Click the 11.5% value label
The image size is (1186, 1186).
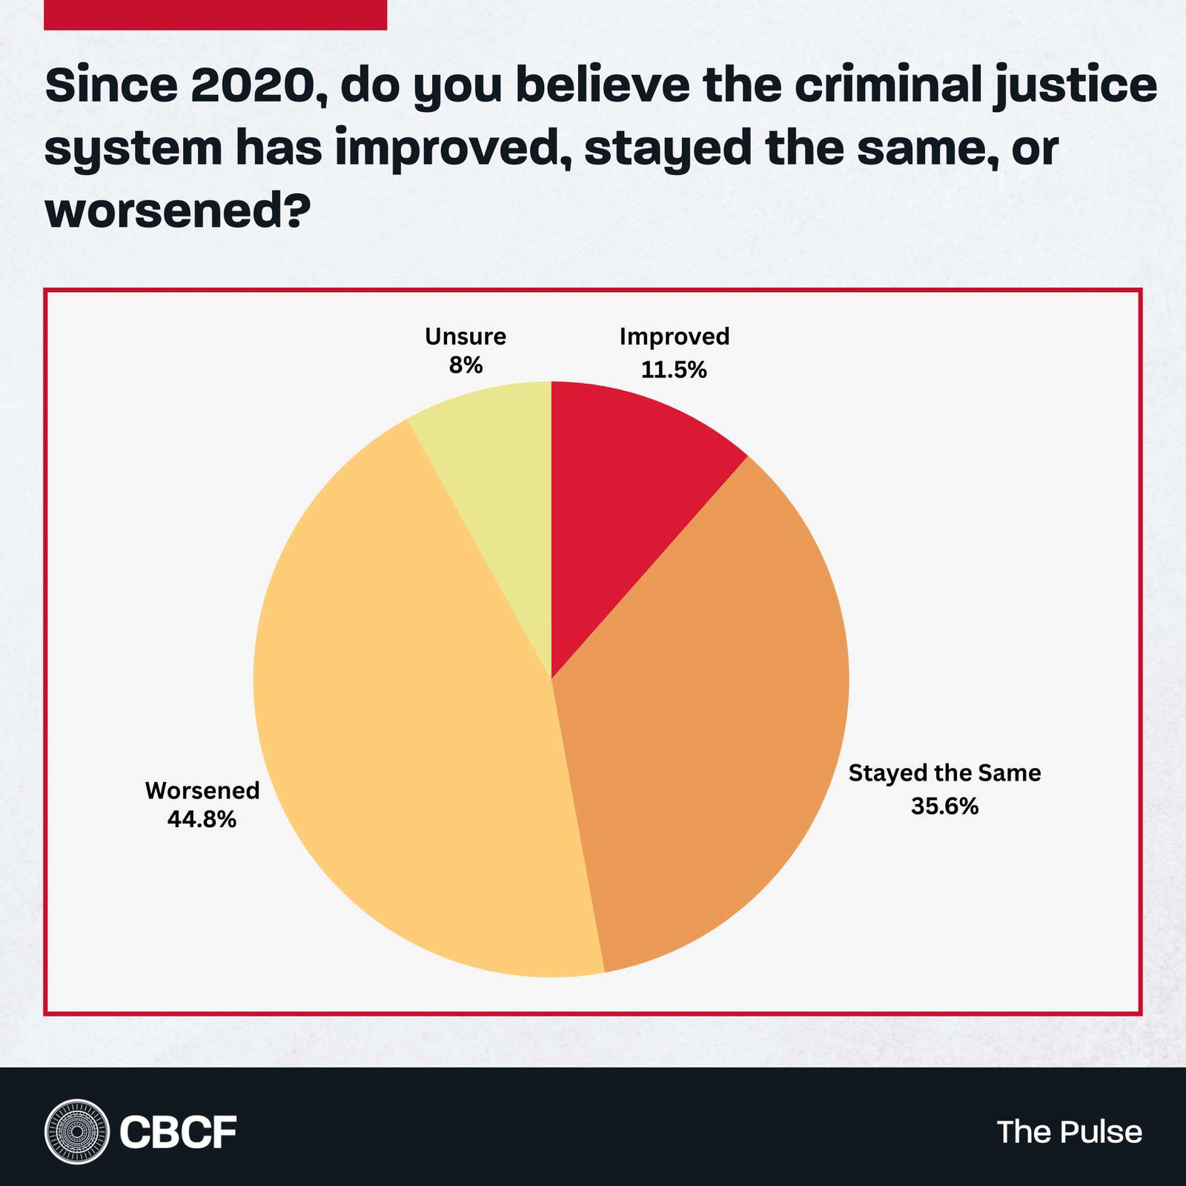pyautogui.click(x=674, y=369)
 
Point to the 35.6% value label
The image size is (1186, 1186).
pyautogui.click(x=944, y=806)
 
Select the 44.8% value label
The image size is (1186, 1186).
pyautogui.click(x=202, y=819)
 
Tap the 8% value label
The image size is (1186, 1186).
pyautogui.click(x=466, y=365)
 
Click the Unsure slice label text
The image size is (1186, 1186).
pyautogui.click(x=466, y=337)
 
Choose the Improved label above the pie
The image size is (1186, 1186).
pyautogui.click(x=675, y=337)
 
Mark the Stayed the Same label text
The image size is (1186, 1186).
pyautogui.click(x=944, y=773)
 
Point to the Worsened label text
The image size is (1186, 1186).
pyautogui.click(x=202, y=790)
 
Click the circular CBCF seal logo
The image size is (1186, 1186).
pyautogui.click(x=76, y=1131)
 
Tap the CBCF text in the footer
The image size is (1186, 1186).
pyautogui.click(x=178, y=1132)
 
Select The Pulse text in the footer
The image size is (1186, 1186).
pyautogui.click(x=1069, y=1132)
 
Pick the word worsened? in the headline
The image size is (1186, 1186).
pyautogui.click(x=178, y=211)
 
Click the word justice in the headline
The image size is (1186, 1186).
pyautogui.click(x=1075, y=87)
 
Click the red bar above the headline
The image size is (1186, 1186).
pyautogui.click(x=215, y=15)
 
